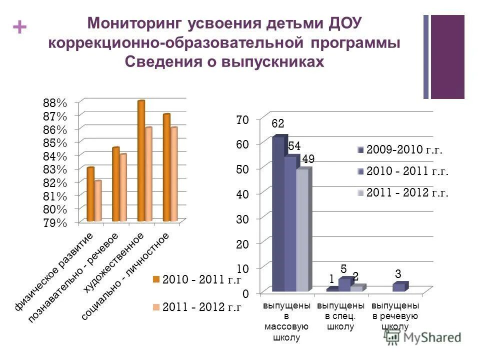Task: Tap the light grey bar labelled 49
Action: [302, 230]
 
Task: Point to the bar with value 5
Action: [344, 284]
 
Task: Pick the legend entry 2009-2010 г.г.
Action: [404, 149]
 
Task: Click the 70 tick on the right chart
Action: [242, 120]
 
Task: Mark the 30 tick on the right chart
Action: [242, 218]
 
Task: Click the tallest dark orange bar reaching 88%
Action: [141, 160]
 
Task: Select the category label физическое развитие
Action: [54, 271]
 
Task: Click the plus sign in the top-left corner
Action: [19, 27]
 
